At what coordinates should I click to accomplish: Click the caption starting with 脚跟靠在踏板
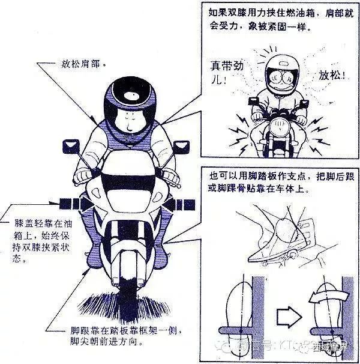click(x=121, y=336)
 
